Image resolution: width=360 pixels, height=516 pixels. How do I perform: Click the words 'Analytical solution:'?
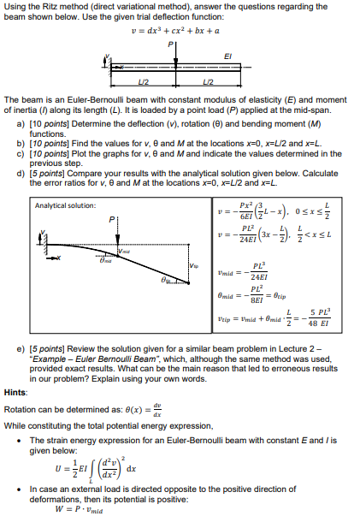(x=64, y=205)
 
